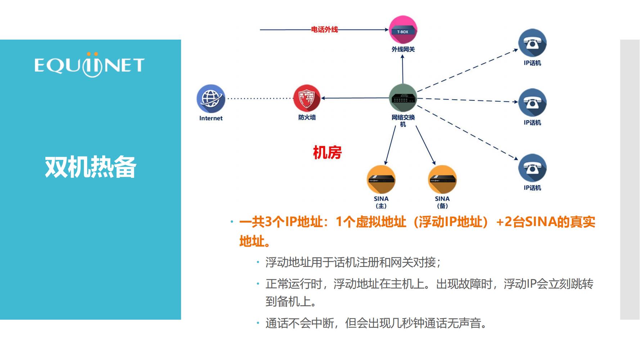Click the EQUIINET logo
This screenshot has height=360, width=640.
[89, 65]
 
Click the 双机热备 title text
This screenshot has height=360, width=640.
[90, 167]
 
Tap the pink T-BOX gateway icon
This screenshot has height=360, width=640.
[403, 30]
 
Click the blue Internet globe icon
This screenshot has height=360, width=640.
[211, 99]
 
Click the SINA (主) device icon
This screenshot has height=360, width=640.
[381, 179]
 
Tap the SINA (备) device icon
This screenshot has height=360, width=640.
[442, 179]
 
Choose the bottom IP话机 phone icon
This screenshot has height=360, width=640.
[532, 168]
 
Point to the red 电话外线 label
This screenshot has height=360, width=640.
[324, 30]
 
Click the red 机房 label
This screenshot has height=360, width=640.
[327, 153]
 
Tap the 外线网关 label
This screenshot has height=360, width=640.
[403, 49]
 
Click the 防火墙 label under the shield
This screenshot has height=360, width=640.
[307, 117]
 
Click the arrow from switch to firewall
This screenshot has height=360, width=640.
[355, 98]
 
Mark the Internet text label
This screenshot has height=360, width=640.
[211, 118]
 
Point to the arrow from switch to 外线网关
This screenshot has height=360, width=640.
[403, 69]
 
